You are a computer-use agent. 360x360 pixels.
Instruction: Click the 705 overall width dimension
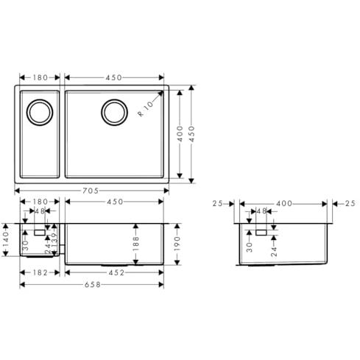pos(91,191)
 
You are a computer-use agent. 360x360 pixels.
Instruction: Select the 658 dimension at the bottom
pos(93,285)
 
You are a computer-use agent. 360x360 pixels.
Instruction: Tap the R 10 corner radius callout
pos(145,109)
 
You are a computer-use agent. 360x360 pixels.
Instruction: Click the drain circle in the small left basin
pos(40,113)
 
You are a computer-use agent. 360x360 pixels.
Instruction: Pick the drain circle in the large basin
pos(114,113)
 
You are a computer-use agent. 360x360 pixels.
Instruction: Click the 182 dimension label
pos(40,272)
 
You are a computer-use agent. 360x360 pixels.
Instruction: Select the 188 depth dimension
pos(135,244)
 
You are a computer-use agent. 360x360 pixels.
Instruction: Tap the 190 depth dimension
pos(177,244)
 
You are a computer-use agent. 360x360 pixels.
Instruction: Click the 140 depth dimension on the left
pos(5,240)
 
